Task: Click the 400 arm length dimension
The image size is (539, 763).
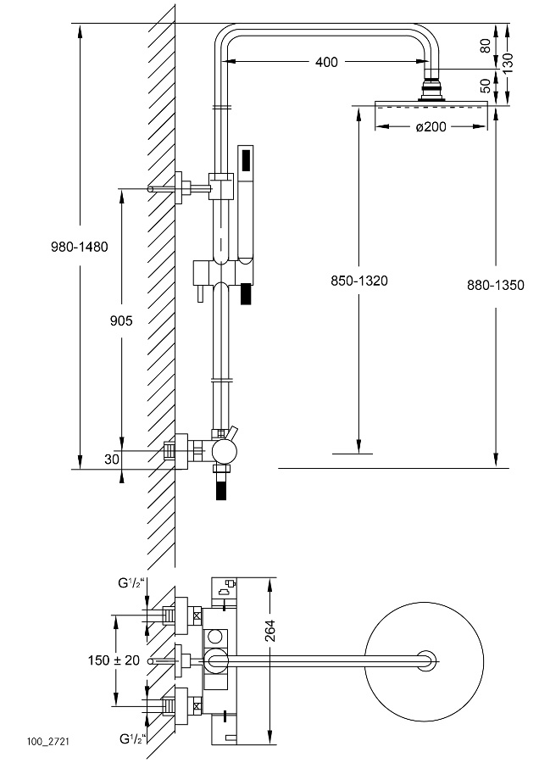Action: coord(326,62)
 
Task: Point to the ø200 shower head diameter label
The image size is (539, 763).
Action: coord(432,127)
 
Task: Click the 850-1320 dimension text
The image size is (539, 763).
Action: coord(359,281)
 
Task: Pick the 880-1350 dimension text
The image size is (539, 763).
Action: coord(496,285)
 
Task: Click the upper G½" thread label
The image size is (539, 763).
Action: coord(131,584)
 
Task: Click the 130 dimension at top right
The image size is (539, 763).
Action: coord(508,60)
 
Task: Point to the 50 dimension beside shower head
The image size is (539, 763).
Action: coord(486,85)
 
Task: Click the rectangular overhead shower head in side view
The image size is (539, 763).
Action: coord(432,106)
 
